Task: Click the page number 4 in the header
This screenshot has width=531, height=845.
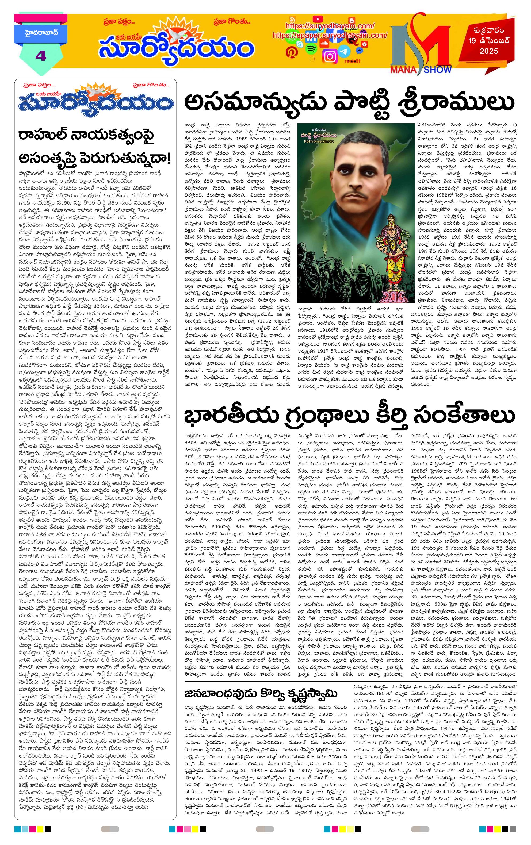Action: (41, 56)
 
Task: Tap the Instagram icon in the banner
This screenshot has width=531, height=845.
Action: (330, 56)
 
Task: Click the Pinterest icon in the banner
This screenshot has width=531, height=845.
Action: (291, 52)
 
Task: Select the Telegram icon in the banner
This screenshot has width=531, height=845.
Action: (345, 51)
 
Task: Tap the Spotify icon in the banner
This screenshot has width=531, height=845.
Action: (310, 49)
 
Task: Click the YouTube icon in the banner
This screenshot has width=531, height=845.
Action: (318, 19)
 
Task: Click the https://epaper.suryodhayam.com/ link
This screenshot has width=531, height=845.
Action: (330, 36)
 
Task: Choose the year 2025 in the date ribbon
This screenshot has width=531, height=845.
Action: (489, 51)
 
